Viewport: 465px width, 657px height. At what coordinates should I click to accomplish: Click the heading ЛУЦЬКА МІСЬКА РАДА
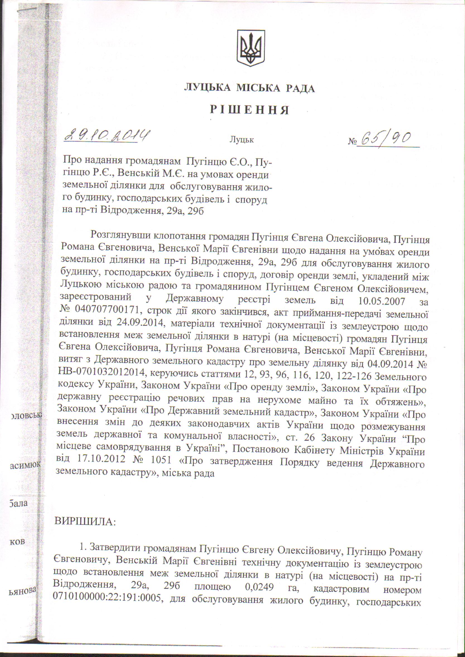point(249,88)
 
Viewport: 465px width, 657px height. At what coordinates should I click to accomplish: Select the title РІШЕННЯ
point(249,110)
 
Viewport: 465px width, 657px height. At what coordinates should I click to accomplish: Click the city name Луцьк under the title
point(242,140)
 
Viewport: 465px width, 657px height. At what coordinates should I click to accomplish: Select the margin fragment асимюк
point(25,466)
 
